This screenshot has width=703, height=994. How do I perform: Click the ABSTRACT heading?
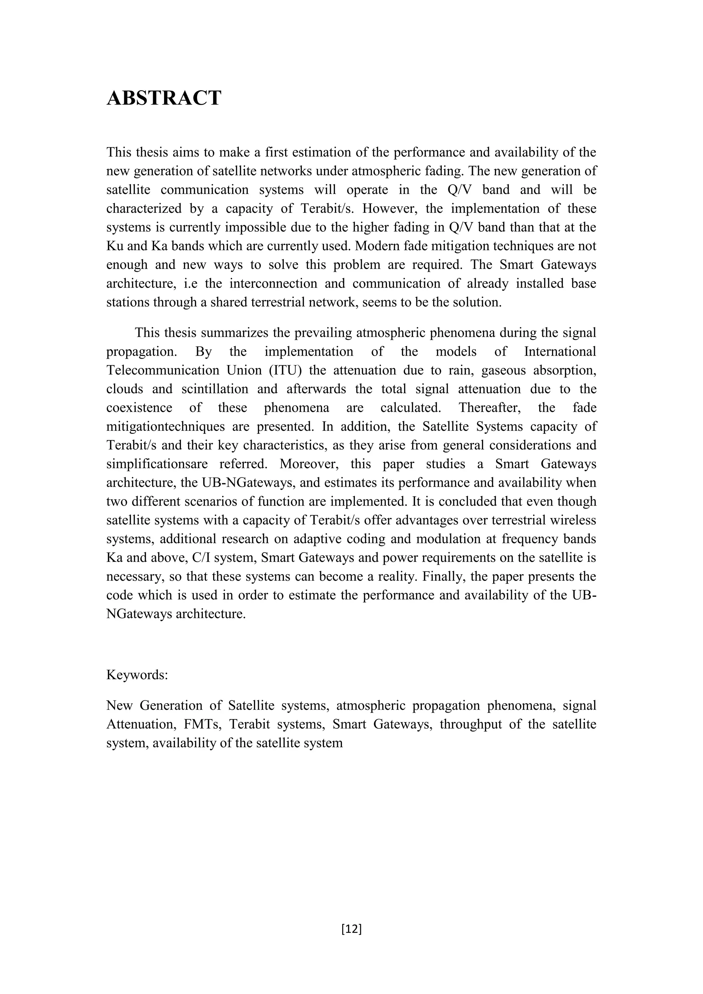coord(164,98)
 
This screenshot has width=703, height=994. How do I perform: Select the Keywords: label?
coord(137,675)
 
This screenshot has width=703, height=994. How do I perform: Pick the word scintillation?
coord(215,389)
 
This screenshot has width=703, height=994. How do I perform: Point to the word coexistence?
coord(139,407)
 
